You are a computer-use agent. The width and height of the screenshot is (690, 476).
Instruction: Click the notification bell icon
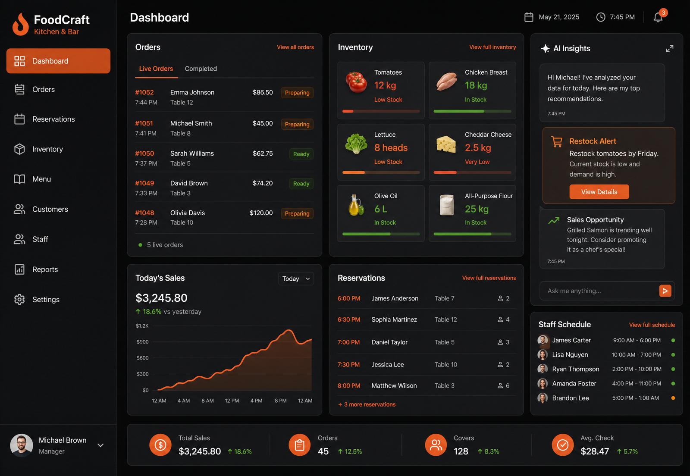658,17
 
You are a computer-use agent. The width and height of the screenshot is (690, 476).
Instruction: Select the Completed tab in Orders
201,69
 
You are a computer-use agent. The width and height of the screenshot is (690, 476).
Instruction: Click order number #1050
144,153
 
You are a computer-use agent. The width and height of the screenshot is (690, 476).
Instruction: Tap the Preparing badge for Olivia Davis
297,213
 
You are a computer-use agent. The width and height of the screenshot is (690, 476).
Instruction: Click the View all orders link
295,47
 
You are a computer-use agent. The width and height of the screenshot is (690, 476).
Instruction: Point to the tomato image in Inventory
356,82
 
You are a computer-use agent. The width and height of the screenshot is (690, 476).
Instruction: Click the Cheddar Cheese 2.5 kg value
478,147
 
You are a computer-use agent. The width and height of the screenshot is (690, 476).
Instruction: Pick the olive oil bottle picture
356,205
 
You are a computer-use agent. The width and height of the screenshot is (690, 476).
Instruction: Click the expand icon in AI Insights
669,49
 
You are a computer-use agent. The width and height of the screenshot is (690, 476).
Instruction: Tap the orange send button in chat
665,291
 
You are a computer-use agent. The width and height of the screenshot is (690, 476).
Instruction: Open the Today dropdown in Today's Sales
296,279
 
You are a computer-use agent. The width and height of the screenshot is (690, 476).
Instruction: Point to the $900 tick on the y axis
142,342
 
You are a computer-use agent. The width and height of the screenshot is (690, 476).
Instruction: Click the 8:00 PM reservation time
349,385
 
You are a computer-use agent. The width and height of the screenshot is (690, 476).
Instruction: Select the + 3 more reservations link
367,404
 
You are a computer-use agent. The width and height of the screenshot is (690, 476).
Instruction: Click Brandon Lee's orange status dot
673,398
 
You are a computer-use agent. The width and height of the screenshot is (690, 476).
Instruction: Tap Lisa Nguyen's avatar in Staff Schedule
543,355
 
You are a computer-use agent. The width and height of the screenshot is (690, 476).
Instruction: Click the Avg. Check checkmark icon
562,445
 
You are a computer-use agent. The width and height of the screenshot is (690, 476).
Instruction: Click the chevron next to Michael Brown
100,445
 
